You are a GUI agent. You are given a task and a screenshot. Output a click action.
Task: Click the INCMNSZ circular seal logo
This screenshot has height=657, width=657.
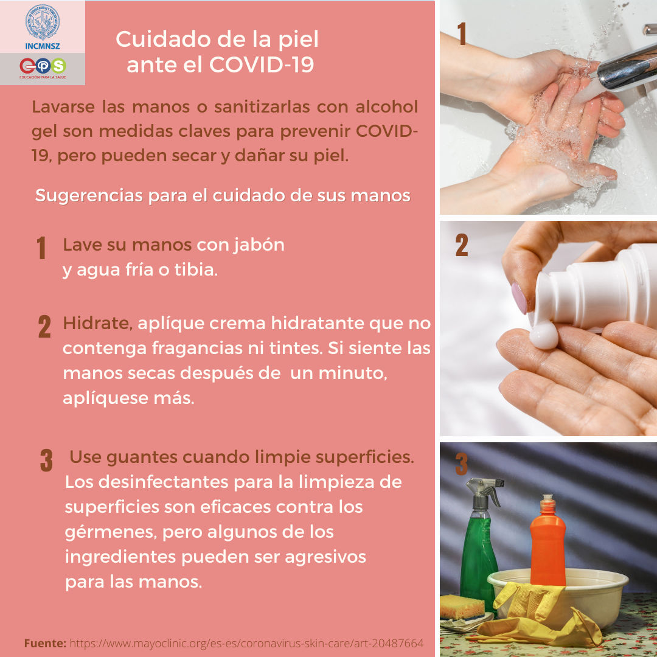(x=42, y=22)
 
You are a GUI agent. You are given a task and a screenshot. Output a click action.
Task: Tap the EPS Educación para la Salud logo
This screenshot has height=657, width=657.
(x=42, y=66)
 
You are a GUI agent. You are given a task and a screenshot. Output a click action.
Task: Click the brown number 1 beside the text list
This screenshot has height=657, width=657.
(x=41, y=248)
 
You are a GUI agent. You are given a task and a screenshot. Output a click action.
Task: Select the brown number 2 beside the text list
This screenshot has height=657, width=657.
(x=44, y=327)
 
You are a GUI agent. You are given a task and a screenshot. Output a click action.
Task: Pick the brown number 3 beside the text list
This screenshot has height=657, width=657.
(x=46, y=461)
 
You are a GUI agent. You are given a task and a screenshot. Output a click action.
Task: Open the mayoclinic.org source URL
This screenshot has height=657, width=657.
(x=246, y=643)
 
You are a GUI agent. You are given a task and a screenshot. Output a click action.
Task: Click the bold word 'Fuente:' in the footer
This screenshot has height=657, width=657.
(x=45, y=643)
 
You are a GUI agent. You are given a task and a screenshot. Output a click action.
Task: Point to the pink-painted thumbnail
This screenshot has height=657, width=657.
(x=519, y=297)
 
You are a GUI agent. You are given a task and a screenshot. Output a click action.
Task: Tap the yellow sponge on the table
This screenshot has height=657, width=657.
(x=462, y=607)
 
